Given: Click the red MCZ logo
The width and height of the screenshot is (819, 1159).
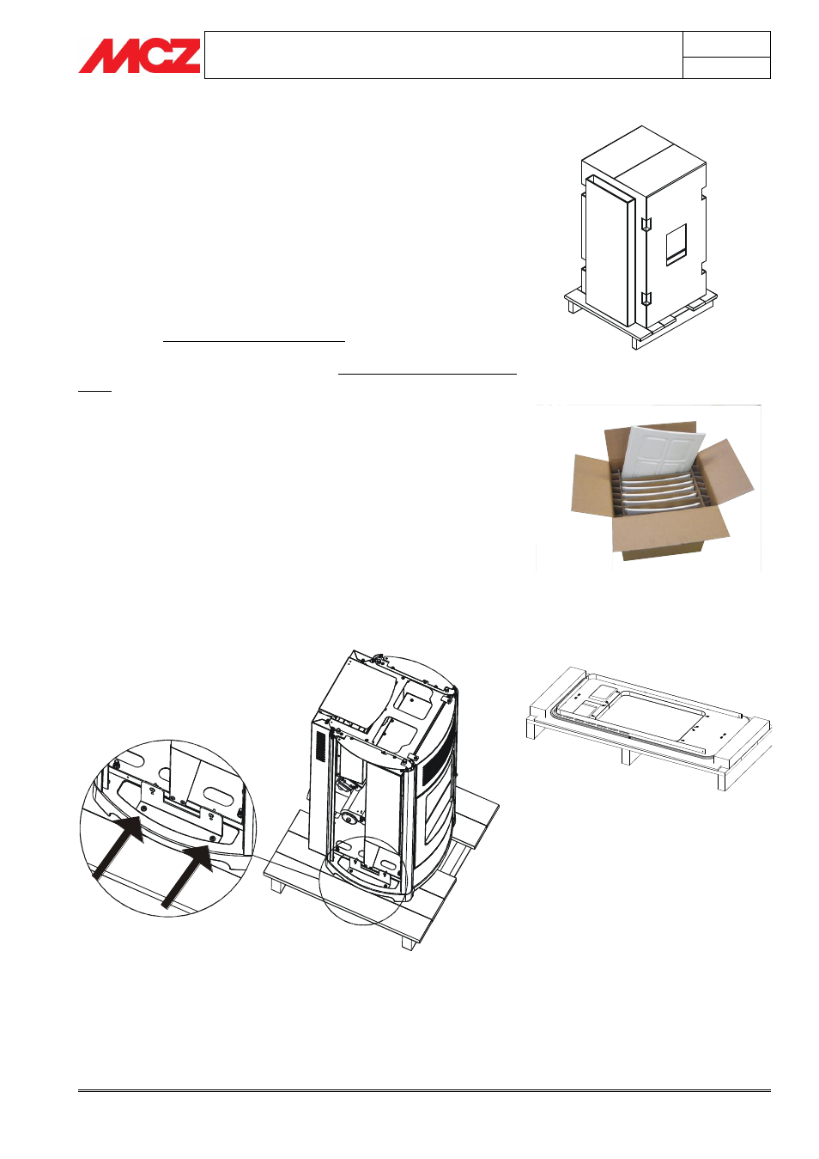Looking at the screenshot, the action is click(x=140, y=56).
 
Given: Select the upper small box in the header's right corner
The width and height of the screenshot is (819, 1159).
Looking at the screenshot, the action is click(x=726, y=45).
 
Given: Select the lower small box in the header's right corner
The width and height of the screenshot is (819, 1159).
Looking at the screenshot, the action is click(x=726, y=68).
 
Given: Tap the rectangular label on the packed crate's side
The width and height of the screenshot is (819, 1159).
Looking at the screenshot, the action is click(x=676, y=244).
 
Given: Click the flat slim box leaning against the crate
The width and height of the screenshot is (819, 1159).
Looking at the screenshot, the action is click(x=609, y=251).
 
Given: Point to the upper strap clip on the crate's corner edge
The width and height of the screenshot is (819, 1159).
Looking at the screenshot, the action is click(x=646, y=223).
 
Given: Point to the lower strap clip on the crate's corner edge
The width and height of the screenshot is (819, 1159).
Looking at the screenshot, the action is click(x=646, y=298).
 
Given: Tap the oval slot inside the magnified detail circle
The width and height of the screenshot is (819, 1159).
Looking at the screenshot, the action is click(x=221, y=795).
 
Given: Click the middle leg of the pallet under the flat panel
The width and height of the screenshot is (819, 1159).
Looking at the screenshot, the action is click(x=626, y=756).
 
